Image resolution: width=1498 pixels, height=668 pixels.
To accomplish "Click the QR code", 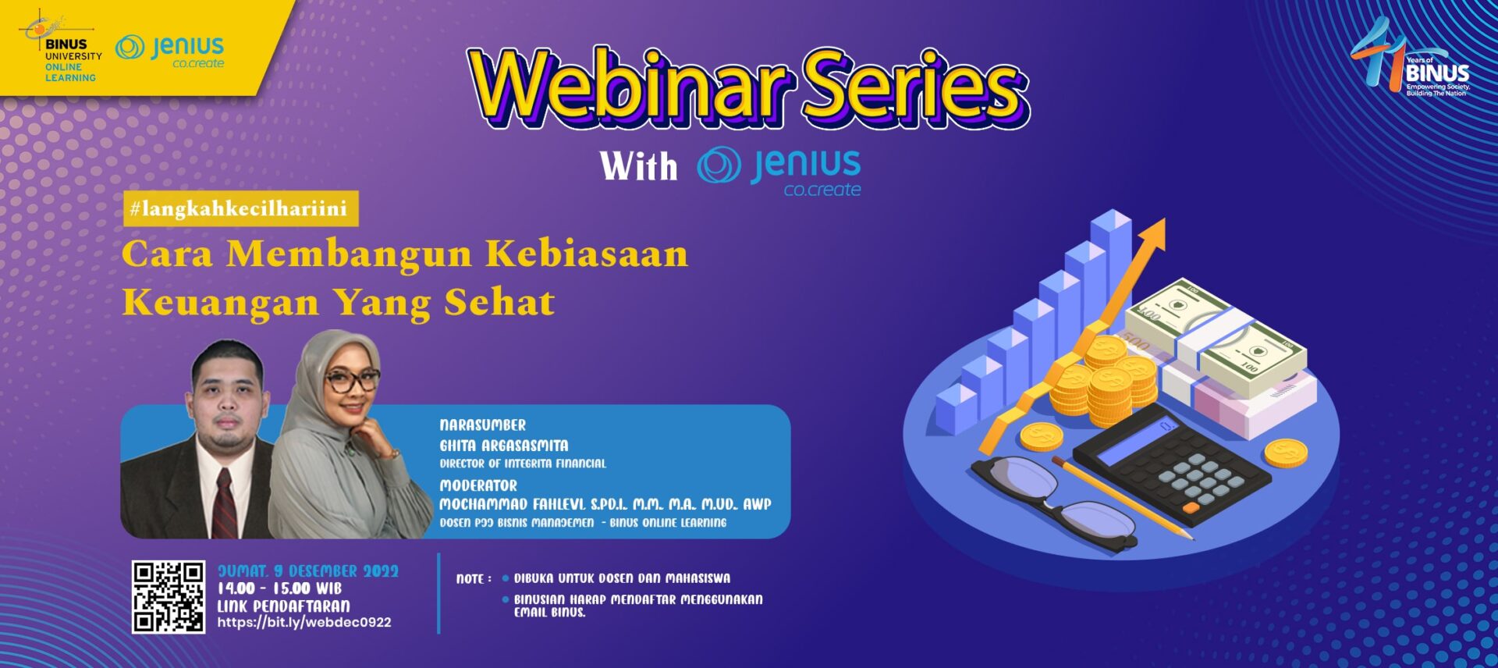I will pos(168,596).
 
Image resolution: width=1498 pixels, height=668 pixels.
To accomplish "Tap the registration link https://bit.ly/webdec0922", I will pos(304,623).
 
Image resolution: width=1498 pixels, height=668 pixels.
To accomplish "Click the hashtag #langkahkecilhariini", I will pos(240,208).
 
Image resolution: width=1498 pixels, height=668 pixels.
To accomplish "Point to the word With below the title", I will pos(639,166).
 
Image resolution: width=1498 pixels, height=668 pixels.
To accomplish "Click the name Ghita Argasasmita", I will pos(504,446).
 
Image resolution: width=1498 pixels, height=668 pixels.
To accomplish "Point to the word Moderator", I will pos(478,485).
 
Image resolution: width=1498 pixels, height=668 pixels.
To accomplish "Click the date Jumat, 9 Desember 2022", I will pos(308,571).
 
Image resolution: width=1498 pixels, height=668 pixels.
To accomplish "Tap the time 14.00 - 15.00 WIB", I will pos(279,588).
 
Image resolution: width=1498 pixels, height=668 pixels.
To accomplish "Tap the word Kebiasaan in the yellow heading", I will pos(587,254).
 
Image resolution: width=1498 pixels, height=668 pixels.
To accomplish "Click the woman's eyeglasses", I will pos(352,381).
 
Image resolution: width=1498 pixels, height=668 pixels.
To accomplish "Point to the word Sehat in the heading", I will pos(499,303).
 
